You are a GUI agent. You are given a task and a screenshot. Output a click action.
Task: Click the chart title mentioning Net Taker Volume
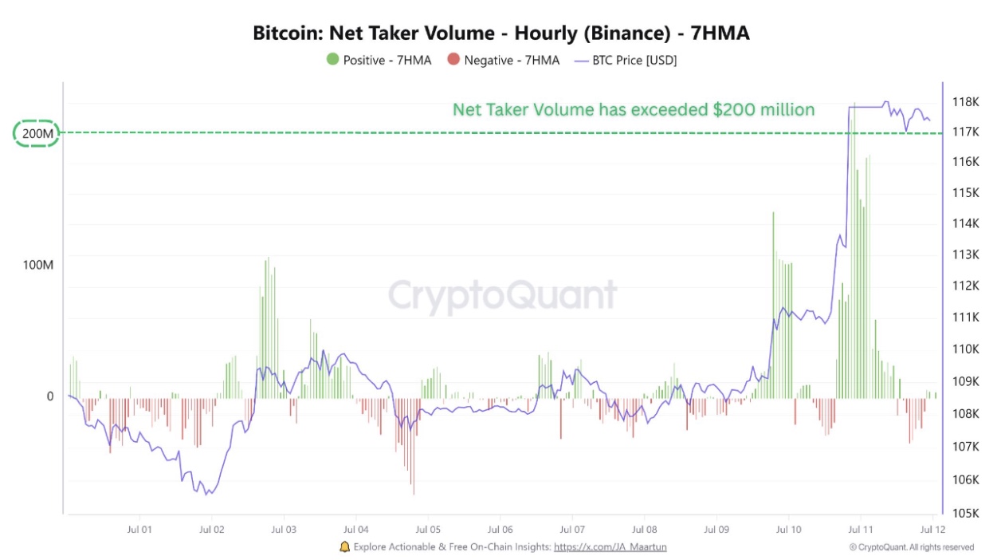501,34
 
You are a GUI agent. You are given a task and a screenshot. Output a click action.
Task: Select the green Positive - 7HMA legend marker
332,60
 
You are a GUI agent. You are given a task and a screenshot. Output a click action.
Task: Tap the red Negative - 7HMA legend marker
453,60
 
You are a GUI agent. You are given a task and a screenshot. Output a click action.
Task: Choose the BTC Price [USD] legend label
634,60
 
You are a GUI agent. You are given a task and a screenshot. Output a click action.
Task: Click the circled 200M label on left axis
37,134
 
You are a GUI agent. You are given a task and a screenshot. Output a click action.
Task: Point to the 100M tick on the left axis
37,264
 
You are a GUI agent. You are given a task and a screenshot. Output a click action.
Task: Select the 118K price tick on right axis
966,102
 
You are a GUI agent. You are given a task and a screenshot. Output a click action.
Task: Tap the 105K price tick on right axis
966,512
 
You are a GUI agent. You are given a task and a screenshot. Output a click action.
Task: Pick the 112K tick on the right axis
966,286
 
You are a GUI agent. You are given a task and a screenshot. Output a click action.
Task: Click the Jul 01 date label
139,529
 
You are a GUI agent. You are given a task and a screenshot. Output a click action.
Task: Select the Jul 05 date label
428,529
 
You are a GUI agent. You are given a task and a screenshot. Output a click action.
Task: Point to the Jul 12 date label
933,529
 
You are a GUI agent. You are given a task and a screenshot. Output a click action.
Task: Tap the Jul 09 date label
716,529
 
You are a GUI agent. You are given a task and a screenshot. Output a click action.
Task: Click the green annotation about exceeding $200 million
634,109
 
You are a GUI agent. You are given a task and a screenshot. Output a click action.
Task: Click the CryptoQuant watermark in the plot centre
502,295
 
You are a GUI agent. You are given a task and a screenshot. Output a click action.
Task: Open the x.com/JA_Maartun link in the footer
610,547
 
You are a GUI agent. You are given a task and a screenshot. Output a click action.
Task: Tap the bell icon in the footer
344,547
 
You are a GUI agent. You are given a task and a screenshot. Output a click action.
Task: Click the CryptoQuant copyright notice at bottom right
911,547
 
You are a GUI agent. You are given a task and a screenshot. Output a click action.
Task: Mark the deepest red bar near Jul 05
414,463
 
